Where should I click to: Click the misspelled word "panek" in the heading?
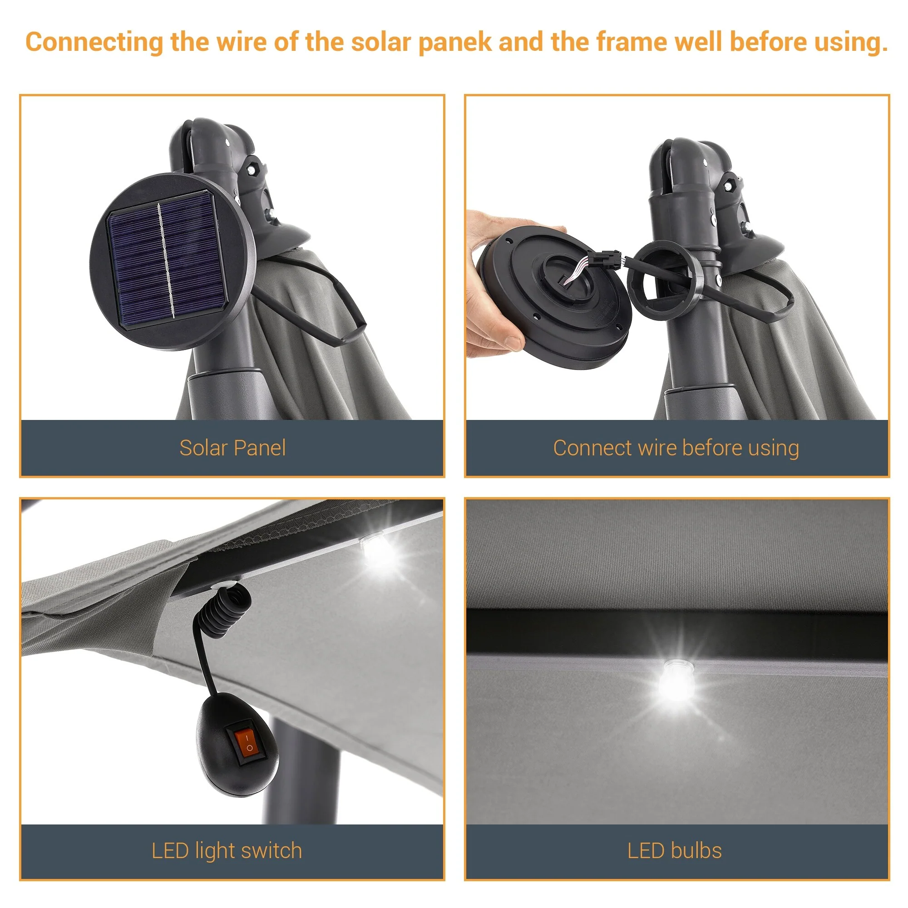click(x=454, y=42)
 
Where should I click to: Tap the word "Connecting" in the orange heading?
click(x=94, y=42)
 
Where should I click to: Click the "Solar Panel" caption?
click(x=232, y=448)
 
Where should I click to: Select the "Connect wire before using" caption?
click(x=676, y=448)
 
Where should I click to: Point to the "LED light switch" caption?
click(x=227, y=851)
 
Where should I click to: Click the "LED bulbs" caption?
click(x=675, y=851)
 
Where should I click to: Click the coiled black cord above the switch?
click(x=226, y=611)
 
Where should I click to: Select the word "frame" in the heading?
click(x=632, y=42)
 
